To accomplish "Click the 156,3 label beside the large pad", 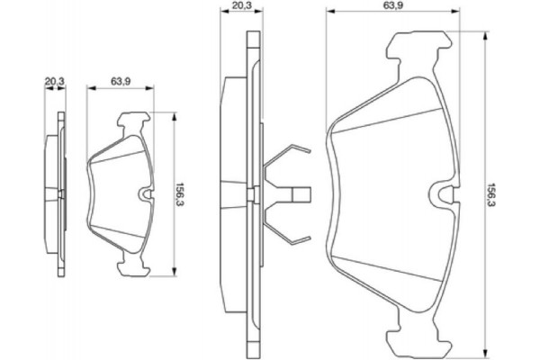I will point(491,192).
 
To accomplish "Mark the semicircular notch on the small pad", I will point(148,193).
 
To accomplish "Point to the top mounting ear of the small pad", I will point(133,119).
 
